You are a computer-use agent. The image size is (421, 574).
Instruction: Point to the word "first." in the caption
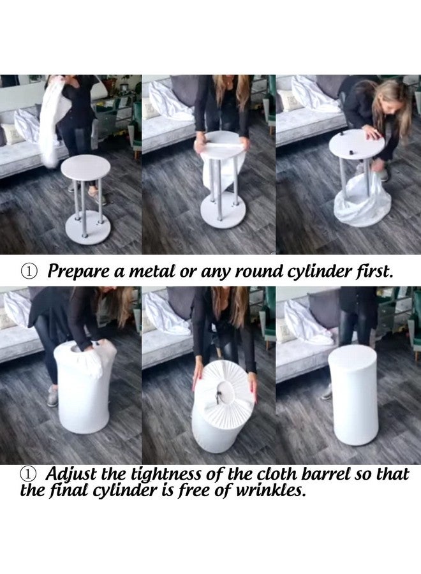pos(374,271)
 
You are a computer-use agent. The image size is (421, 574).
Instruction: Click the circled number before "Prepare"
pos(29,271)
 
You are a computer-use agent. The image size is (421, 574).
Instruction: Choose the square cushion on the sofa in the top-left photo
pos(11,134)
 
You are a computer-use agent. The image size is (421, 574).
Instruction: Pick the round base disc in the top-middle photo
pos(220,210)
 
